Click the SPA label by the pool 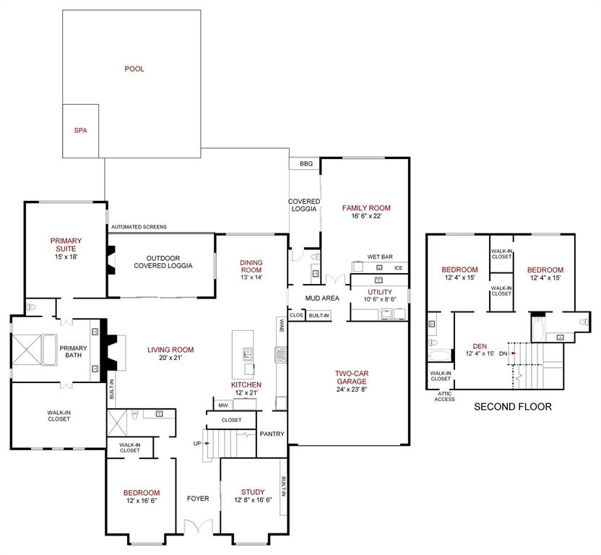pos(80,131)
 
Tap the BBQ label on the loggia pos(306,164)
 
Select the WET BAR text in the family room pos(379,257)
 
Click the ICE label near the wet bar pos(398,268)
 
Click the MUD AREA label pos(322,298)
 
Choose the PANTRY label pos(272,434)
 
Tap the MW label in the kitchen pos(223,406)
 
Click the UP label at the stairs pos(198,442)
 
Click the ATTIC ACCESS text pos(444,397)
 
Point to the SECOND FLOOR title pos(512,407)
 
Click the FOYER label pos(198,498)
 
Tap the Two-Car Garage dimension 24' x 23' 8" pos(353,390)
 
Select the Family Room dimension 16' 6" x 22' pos(366,216)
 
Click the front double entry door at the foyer pos(198,528)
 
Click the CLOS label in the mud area pos(296,315)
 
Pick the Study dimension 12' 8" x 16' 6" pos(254,500)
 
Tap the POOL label pos(134,69)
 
